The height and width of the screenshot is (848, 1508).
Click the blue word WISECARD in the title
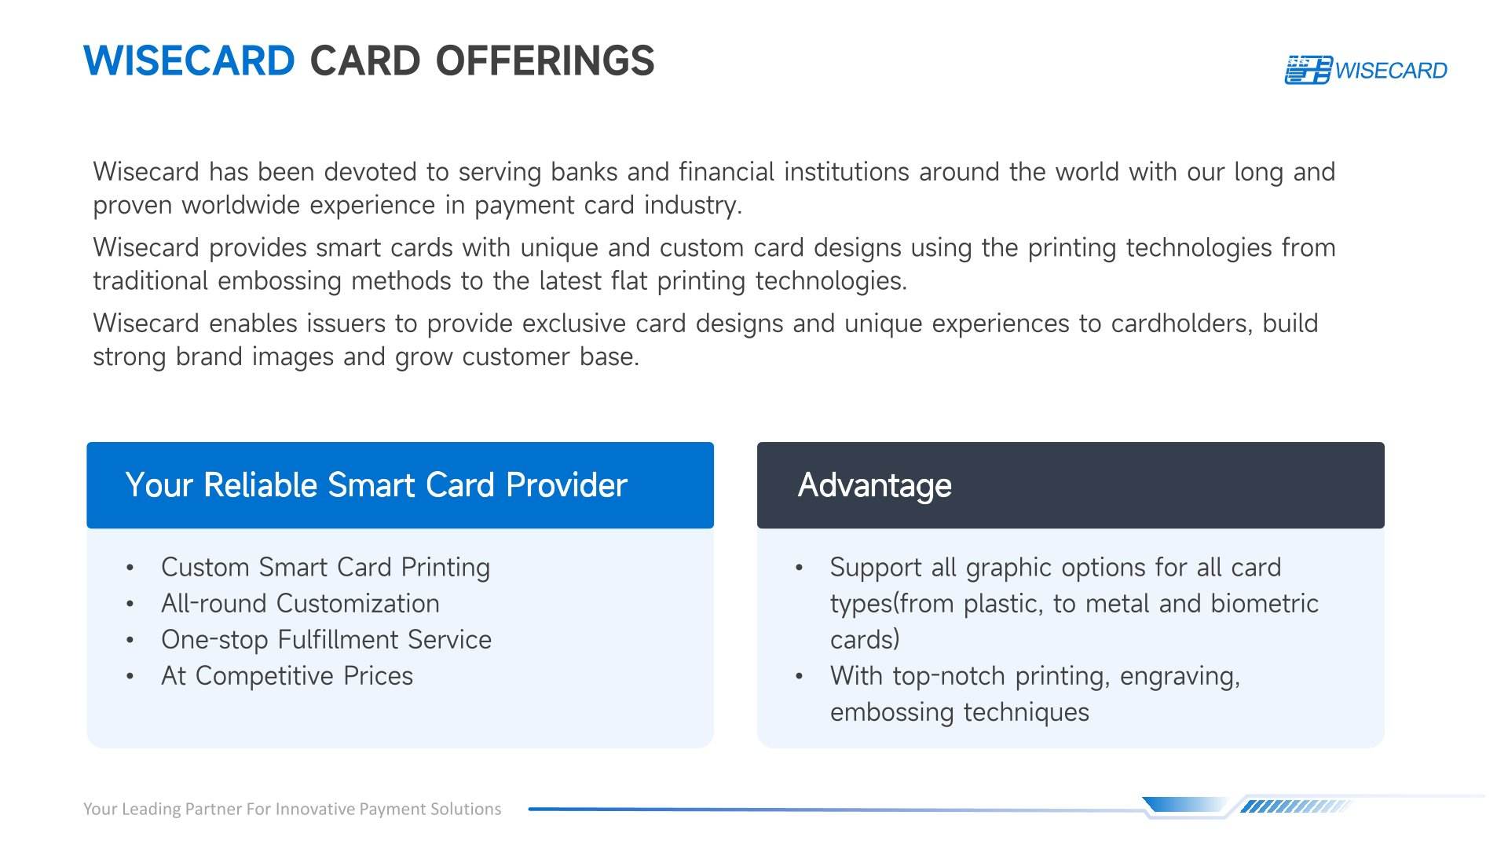(x=188, y=61)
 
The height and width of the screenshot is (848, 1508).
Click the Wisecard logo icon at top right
(x=1309, y=70)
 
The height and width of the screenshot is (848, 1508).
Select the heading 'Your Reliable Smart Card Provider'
(x=376, y=485)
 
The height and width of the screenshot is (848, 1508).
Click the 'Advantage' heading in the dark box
(x=874, y=485)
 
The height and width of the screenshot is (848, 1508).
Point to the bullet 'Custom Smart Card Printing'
(x=325, y=567)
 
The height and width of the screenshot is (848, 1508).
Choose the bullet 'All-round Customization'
(x=300, y=603)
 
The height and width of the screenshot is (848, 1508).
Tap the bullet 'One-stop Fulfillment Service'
(x=326, y=639)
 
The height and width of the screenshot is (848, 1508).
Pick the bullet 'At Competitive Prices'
(x=287, y=675)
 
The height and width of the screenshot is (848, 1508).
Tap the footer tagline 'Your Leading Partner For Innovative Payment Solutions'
(x=292, y=809)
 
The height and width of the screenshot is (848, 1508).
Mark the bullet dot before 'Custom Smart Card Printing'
(x=130, y=568)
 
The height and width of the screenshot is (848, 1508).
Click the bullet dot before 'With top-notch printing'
(x=799, y=676)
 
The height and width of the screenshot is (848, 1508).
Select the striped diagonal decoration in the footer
(x=1294, y=806)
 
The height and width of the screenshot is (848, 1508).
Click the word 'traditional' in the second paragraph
(x=150, y=280)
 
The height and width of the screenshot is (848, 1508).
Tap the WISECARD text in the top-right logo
(x=1391, y=71)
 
